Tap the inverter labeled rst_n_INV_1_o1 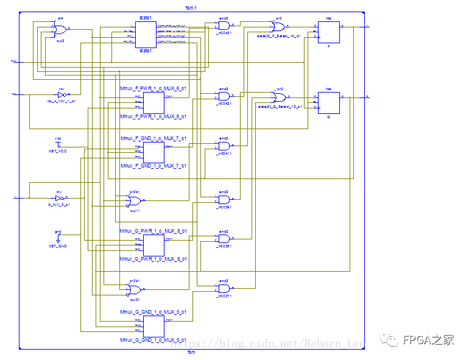(61, 94)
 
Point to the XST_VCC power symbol (58, 144)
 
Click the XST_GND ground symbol (58, 239)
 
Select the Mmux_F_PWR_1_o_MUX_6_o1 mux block (153, 102)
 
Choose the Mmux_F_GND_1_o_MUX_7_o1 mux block (153, 152)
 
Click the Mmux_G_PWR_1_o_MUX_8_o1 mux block (153, 245)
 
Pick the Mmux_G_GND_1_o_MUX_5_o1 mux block (153, 325)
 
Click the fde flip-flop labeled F (328, 32)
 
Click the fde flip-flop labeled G (328, 102)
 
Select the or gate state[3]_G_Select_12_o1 (280, 97)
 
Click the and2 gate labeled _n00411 (224, 147)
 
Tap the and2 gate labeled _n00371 (224, 288)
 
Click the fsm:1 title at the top (191, 7)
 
